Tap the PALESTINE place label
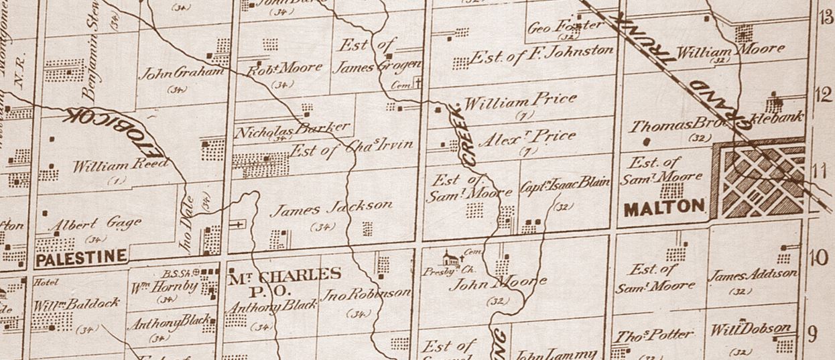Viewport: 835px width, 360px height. click(82, 256)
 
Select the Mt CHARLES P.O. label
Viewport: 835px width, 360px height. click(285, 282)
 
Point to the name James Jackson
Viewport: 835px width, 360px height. click(330, 208)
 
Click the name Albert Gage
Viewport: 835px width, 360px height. click(95, 223)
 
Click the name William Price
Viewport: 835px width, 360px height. click(519, 102)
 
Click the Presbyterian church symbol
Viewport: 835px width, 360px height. click(450, 257)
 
